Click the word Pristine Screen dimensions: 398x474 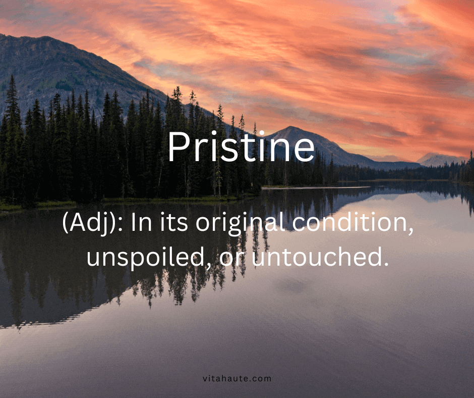241,147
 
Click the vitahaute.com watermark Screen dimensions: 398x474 237,378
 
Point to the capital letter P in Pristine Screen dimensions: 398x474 178,146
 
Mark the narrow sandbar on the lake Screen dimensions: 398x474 323,188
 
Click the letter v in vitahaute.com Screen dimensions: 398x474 204,378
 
